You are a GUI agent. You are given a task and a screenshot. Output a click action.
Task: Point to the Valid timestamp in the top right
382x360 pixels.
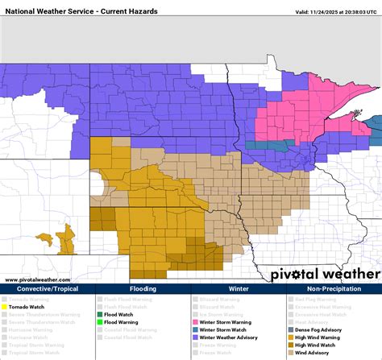point(336,12)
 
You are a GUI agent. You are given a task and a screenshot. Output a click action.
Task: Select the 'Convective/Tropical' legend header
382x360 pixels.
point(48,288)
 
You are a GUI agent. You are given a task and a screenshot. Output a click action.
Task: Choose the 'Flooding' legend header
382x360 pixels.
point(143,288)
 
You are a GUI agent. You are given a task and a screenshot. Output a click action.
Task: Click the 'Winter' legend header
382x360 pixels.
point(238,288)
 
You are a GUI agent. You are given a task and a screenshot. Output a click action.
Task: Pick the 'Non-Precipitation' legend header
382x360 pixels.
point(333,288)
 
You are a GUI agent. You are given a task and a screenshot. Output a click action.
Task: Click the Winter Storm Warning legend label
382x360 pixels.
point(224,322)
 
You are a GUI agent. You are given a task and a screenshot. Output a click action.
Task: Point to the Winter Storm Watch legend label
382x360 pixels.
point(221,329)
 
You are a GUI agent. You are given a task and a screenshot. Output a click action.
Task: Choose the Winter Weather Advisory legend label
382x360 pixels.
point(226,337)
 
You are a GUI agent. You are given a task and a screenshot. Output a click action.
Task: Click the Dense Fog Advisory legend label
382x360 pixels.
point(317,329)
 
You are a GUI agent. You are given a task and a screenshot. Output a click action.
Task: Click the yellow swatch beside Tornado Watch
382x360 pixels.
point(3,307)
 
